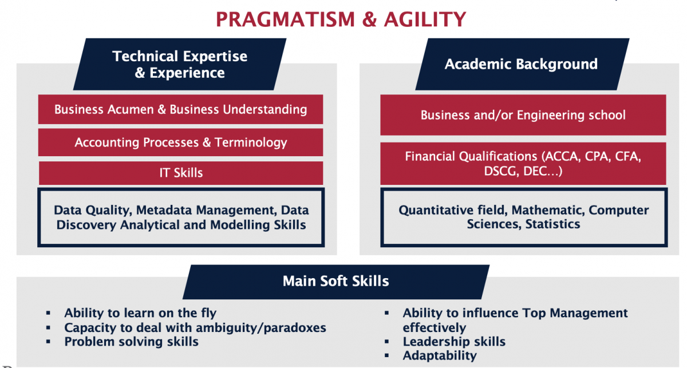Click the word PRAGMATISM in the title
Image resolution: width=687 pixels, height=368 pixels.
point(285,19)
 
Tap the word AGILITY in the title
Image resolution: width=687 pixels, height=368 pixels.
point(425,19)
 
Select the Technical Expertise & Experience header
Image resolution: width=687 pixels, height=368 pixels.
point(180,64)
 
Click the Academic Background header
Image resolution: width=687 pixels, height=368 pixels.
point(522,64)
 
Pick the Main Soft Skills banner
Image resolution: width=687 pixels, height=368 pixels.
point(336,282)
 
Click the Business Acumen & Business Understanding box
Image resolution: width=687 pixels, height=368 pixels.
point(181,109)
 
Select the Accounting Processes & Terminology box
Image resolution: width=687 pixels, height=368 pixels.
point(181,143)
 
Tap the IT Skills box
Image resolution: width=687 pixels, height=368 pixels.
point(181,173)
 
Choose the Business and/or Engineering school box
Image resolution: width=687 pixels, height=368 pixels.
point(523,115)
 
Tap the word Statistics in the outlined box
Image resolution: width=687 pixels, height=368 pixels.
point(552,224)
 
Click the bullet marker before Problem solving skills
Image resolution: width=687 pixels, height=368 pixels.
point(48,342)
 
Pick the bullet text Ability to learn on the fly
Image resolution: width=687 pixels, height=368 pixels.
point(140,313)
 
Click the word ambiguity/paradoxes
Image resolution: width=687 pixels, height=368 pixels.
point(261,328)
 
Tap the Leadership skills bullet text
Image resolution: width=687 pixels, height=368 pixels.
point(454,342)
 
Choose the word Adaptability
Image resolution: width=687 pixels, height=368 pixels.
point(440,356)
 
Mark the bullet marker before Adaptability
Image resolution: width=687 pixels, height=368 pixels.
point(387,356)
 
